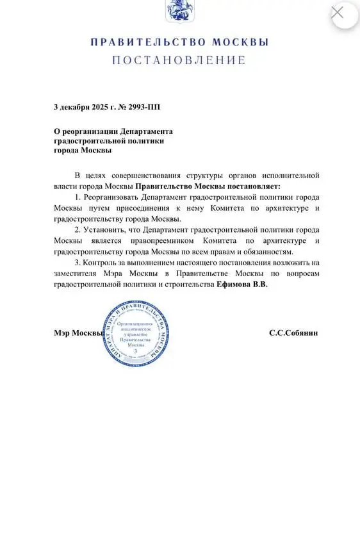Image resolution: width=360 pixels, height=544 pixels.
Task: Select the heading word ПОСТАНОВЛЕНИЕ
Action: point(179,60)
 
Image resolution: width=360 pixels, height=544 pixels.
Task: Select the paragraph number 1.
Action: point(78,197)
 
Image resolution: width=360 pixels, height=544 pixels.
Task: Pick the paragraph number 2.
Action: point(78,229)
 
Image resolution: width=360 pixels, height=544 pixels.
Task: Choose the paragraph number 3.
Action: point(78,262)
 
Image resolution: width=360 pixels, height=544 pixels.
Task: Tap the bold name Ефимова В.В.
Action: point(243,284)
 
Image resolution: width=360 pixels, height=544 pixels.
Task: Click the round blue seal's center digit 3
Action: point(136,351)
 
